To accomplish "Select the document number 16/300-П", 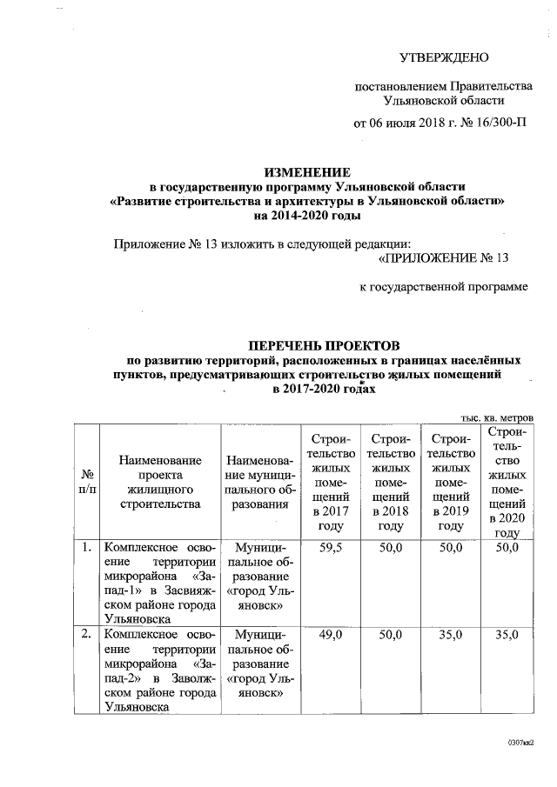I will coord(499,123).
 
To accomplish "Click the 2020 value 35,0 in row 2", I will coord(507,636).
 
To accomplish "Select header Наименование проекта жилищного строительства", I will coord(161,481).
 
